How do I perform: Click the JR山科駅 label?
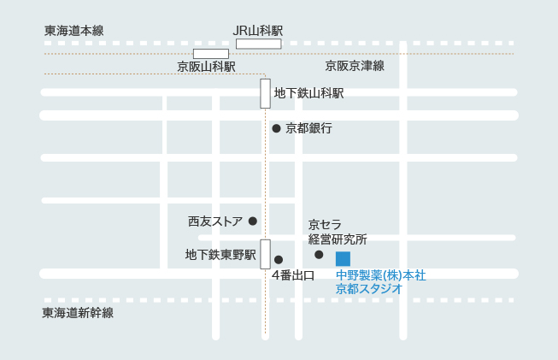click(257, 30)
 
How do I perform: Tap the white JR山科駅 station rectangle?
click(258, 44)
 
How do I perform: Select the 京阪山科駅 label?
click(206, 66)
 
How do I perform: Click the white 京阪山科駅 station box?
click(210, 54)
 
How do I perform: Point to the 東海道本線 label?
click(73, 31)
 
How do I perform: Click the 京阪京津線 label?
click(355, 66)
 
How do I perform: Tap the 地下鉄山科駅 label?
click(308, 93)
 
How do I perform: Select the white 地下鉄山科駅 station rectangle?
click(266, 93)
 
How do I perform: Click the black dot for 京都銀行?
click(276, 128)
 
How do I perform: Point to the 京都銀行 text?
click(308, 128)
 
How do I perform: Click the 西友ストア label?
click(215, 221)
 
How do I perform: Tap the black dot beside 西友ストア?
click(253, 221)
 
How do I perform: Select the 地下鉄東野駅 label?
click(220, 255)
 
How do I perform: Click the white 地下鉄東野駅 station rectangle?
click(266, 254)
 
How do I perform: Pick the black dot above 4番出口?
click(278, 259)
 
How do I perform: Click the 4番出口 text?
click(293, 275)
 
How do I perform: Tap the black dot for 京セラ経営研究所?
click(319, 255)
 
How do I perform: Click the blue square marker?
click(343, 258)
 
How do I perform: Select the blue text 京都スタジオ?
click(369, 289)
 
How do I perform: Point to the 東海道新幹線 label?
click(78, 313)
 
